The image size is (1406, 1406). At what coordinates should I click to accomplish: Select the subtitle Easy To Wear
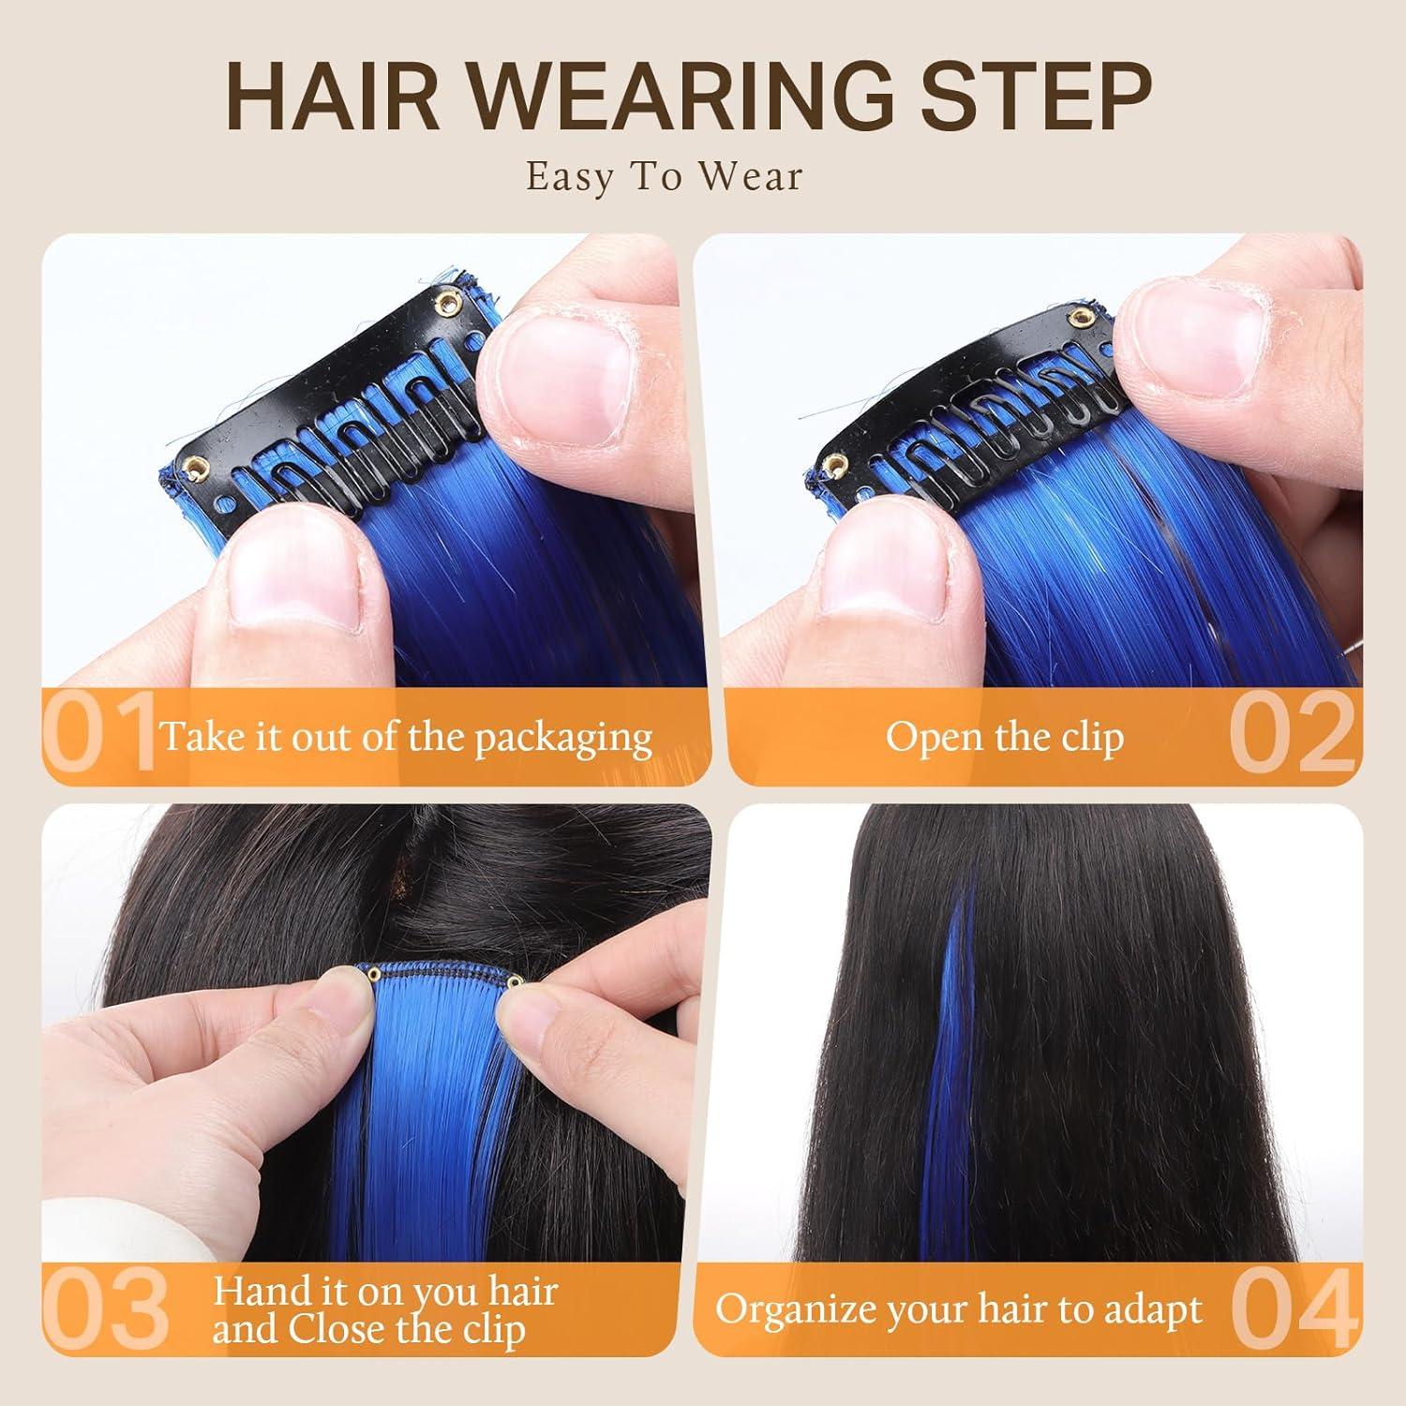pos(665,176)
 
